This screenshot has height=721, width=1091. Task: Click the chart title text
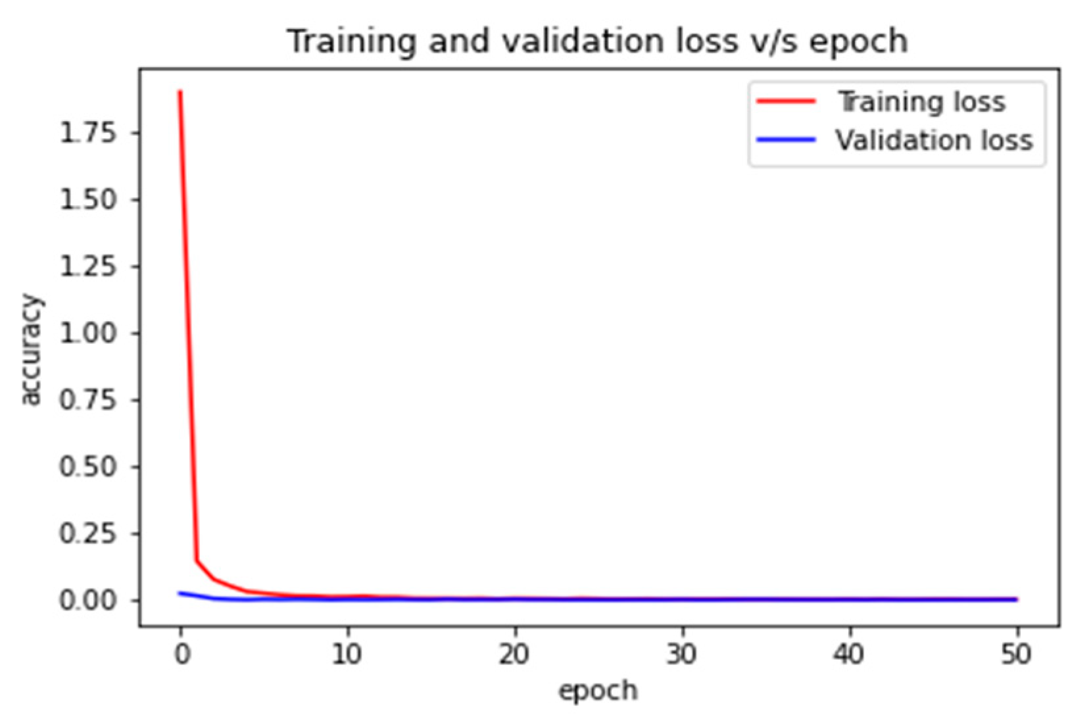click(597, 41)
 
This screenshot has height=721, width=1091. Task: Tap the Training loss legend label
click(921, 102)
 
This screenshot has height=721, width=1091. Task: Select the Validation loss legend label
click(934, 140)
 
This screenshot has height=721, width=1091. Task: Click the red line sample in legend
click(786, 101)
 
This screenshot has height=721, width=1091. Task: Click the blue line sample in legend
click(786, 139)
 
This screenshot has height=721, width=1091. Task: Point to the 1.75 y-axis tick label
click(88, 133)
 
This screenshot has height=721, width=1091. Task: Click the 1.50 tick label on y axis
click(88, 199)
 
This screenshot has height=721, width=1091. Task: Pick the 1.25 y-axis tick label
click(88, 266)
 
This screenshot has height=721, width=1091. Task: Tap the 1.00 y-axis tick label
click(88, 333)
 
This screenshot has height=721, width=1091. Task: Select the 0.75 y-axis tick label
click(88, 400)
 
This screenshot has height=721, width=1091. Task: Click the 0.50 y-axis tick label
click(88, 466)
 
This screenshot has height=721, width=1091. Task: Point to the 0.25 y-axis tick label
click(88, 534)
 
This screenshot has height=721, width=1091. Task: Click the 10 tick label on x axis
click(347, 655)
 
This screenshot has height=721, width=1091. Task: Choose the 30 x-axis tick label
click(682, 655)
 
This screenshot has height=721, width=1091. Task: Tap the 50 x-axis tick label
click(1017, 655)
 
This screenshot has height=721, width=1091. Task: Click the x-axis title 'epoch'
click(598, 691)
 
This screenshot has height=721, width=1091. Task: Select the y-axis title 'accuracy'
click(30, 350)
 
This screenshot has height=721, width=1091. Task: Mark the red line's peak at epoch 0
click(180, 92)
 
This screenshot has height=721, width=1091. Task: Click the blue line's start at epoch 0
click(180, 593)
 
